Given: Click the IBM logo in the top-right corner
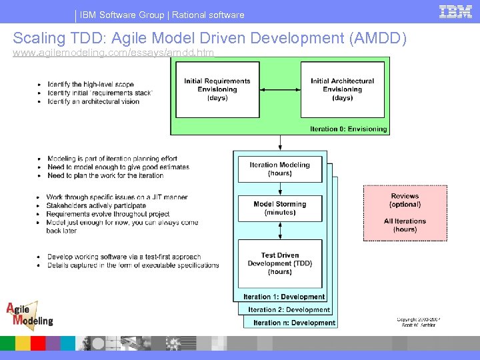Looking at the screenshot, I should coord(455,12).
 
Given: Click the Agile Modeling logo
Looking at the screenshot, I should coord(29,315).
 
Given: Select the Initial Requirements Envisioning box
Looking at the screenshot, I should coord(217,89).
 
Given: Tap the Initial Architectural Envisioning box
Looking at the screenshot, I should coord(343,89).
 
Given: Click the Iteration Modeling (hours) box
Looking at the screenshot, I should coord(280,169).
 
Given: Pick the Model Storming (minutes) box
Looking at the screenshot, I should coord(280,208).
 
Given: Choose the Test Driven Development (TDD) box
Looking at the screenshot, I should coord(280,263).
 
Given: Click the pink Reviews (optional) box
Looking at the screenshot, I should coord(405,213).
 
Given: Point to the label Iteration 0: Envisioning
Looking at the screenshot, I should coord(348,129).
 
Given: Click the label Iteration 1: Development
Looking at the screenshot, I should coord(284,297).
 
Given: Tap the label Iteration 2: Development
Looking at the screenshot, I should coord(289,309).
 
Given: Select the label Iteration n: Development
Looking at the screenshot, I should coord(294,323).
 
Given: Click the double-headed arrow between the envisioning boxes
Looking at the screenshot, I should coord(280,89).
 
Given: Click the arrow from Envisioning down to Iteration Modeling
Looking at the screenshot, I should coord(280,143).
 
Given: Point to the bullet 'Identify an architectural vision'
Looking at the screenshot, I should coord(93,101).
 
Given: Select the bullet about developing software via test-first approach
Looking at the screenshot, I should coord(123,257).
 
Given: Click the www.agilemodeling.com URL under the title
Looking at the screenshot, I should coord(113,52).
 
